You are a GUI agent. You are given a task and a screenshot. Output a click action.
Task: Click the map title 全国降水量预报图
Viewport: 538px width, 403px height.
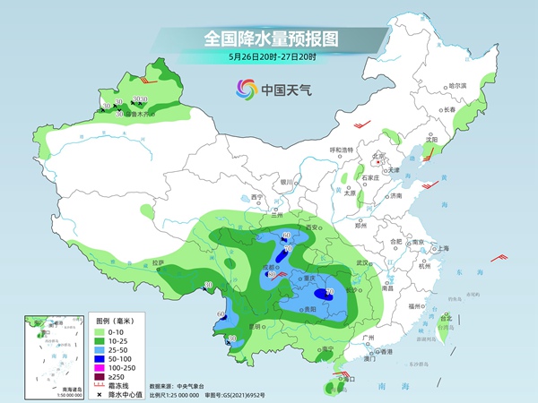pos(268,39)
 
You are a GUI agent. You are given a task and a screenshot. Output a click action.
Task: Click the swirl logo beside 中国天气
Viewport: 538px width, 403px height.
pos(245,89)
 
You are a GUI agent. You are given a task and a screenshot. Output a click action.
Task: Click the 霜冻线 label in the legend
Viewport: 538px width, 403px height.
pos(128,389)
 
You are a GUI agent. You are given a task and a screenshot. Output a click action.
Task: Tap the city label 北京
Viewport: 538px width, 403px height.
pos(379,155)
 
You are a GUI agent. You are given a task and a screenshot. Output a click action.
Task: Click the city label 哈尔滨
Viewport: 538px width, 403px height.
pos(457,85)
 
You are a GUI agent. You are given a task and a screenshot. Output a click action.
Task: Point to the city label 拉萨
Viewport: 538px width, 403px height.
pos(159,263)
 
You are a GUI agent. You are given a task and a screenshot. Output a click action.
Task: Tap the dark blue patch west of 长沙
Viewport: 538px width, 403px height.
pos(328,292)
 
